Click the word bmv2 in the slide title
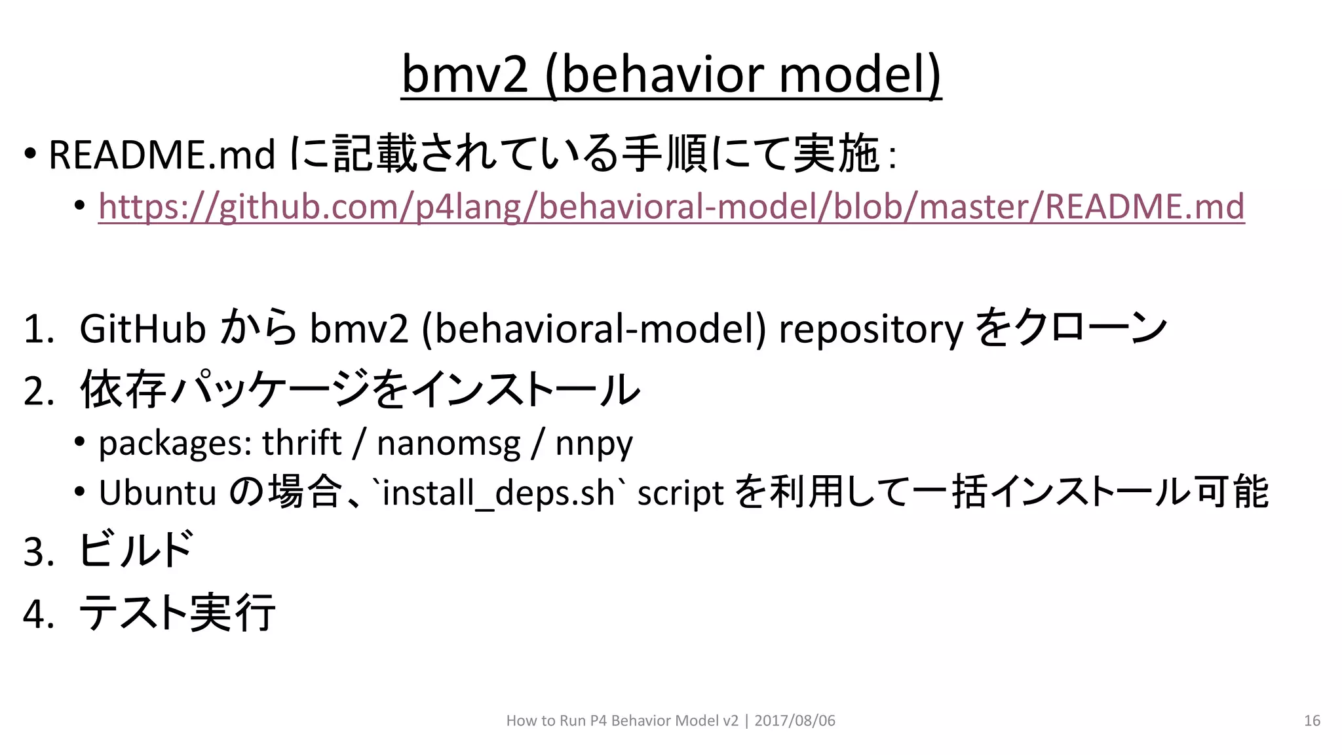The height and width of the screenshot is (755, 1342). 464,75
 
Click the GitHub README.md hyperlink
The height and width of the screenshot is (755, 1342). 671,207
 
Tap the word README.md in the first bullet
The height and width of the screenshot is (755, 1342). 161,155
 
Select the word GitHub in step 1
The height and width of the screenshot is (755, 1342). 142,328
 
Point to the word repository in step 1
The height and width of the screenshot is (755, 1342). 871,330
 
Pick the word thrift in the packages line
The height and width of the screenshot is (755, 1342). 301,443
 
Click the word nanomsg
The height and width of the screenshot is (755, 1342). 448,444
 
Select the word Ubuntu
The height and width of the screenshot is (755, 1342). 157,493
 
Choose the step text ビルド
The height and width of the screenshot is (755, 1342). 136,549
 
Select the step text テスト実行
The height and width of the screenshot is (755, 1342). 177,613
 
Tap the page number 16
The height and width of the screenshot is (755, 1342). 1312,721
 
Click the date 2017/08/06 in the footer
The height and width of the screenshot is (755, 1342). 795,721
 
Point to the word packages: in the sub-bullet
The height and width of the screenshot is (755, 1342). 175,444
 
